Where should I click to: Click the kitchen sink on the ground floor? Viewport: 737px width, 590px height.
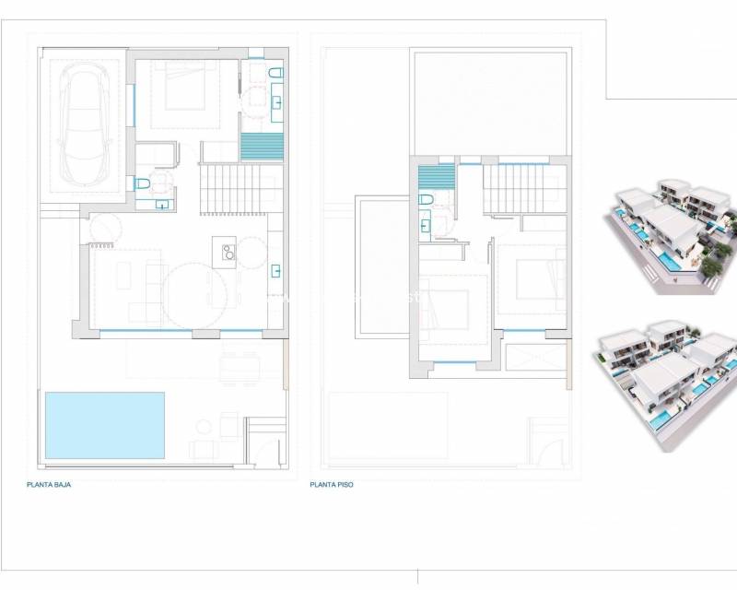coord(276,271)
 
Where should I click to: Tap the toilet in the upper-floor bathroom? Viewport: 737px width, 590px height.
coord(427,199)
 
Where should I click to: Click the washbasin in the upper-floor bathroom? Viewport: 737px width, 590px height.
coord(426,221)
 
